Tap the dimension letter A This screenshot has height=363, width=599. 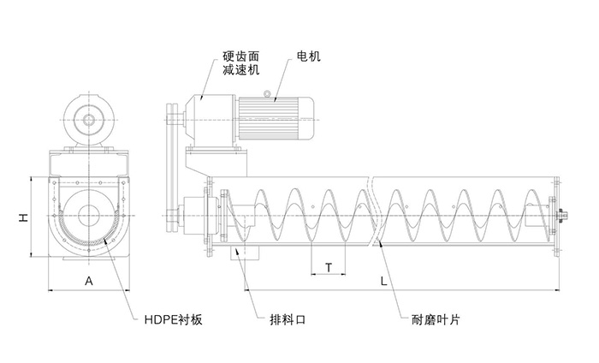coord(88,281)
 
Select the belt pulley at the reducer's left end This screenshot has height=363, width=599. coord(172,120)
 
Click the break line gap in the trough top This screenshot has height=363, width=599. coord(374,181)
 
